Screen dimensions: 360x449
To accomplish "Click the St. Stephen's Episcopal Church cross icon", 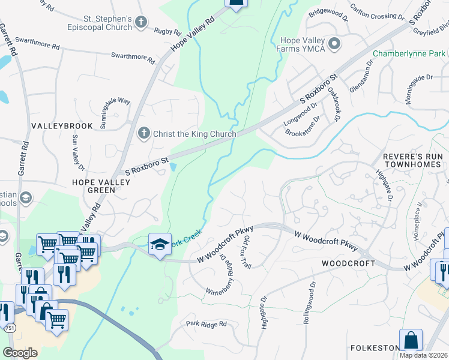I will [141, 23].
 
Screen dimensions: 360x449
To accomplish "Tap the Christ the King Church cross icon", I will [143, 133].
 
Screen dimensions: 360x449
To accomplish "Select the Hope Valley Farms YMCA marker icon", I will [335, 44].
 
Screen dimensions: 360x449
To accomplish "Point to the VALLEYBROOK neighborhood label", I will [62, 126].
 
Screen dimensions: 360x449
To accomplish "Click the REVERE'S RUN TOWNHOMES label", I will [413, 160].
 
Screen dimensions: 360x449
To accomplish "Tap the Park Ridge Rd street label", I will [206, 324].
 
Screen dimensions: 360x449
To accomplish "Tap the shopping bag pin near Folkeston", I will [412, 340].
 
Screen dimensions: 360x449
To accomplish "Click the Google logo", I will [20, 353].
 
